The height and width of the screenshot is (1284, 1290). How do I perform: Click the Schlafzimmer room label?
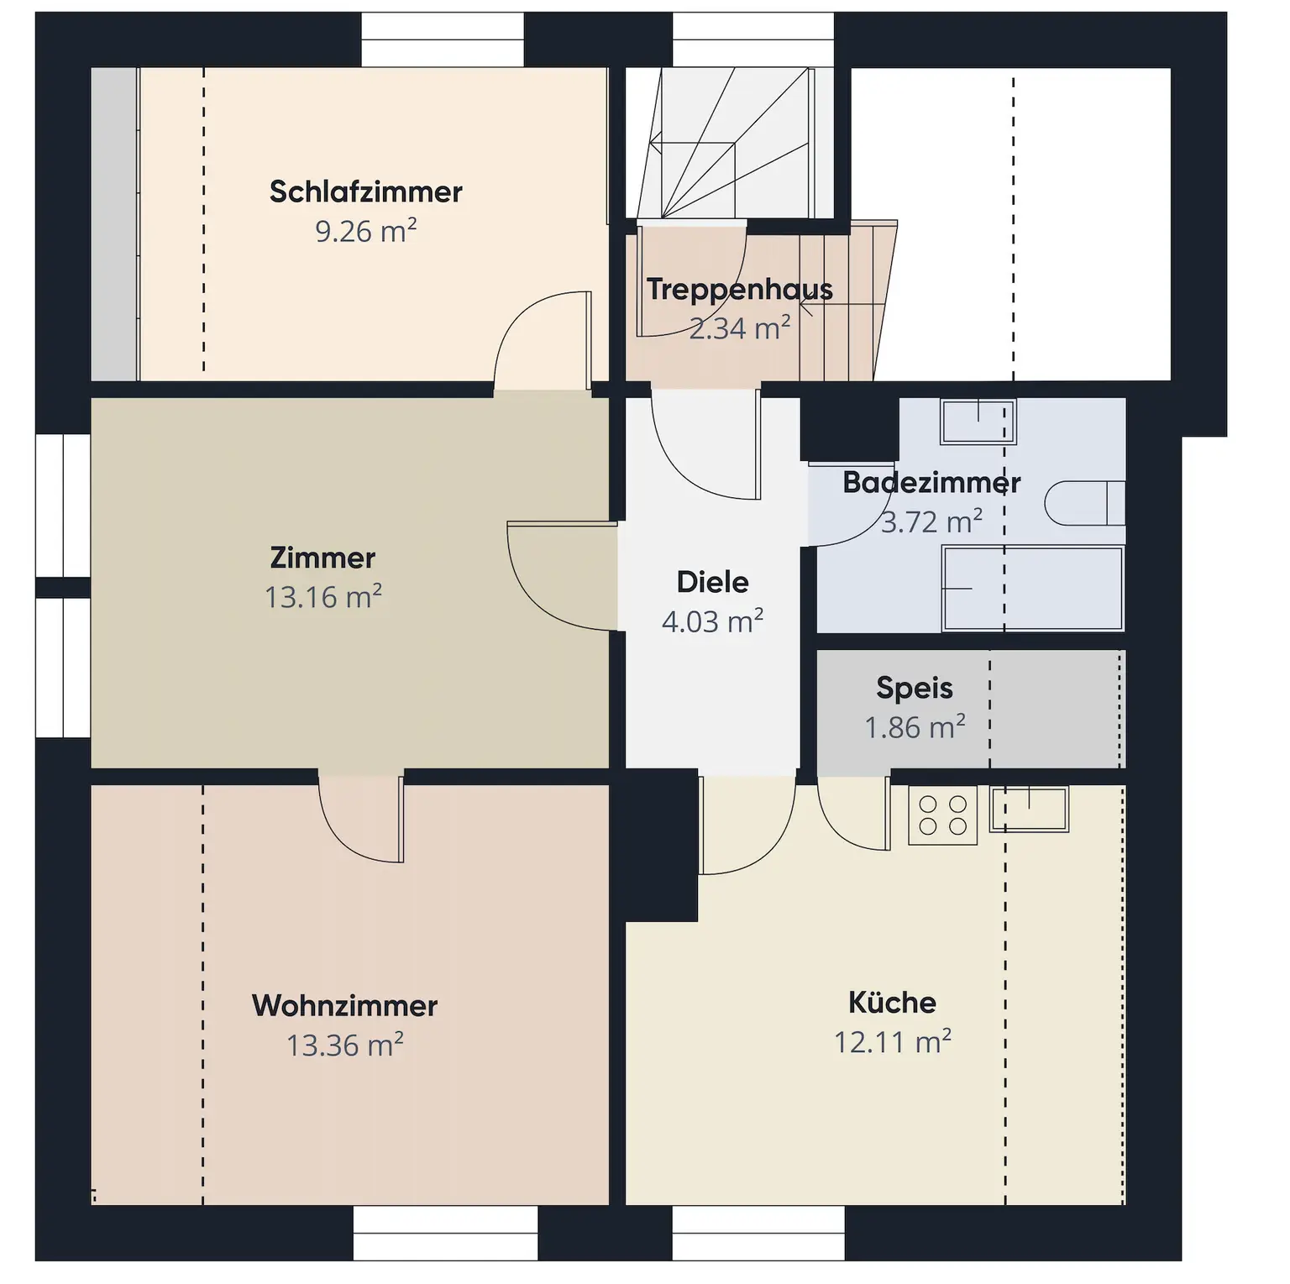click(365, 191)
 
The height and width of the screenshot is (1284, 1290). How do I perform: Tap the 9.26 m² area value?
click(365, 231)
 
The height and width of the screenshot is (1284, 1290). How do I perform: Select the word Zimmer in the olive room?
click(322, 558)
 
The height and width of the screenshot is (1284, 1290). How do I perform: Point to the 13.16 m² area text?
click(322, 597)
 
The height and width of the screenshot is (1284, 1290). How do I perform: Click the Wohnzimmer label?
click(344, 1006)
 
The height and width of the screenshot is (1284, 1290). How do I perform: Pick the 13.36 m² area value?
click(344, 1046)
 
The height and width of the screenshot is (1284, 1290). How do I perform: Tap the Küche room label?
click(892, 1002)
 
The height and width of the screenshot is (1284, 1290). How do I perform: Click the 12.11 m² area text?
click(892, 1042)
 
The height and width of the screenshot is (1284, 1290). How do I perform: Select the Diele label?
click(712, 582)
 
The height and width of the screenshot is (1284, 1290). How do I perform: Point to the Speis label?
click(915, 688)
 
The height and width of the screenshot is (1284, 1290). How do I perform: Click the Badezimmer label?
click(931, 483)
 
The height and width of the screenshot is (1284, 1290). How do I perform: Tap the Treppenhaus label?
click(739, 289)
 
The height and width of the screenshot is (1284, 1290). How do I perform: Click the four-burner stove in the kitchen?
click(943, 815)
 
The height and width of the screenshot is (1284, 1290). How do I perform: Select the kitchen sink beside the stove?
click(1029, 809)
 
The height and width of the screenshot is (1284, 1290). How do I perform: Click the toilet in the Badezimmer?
click(1084, 503)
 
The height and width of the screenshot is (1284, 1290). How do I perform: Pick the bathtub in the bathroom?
click(1033, 588)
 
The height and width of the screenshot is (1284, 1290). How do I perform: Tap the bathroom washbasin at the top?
click(978, 422)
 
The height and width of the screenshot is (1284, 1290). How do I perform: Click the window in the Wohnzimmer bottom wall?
click(445, 1233)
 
